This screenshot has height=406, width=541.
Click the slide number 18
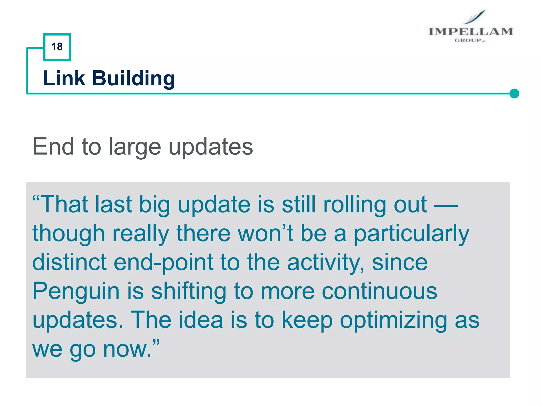point(57,47)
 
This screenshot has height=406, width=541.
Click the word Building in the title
point(133,79)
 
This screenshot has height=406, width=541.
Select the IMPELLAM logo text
point(470,32)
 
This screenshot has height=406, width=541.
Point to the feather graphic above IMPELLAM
point(476,17)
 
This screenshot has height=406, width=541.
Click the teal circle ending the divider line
point(514,94)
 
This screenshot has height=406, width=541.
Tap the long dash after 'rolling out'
point(446,205)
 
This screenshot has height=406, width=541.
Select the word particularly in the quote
point(411,234)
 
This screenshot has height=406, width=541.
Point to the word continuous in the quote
point(379,291)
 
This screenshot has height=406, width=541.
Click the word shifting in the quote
point(188,291)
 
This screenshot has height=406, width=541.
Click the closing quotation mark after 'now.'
point(156,343)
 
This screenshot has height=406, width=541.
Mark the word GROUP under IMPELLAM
point(468,40)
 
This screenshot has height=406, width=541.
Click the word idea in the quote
point(200,320)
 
